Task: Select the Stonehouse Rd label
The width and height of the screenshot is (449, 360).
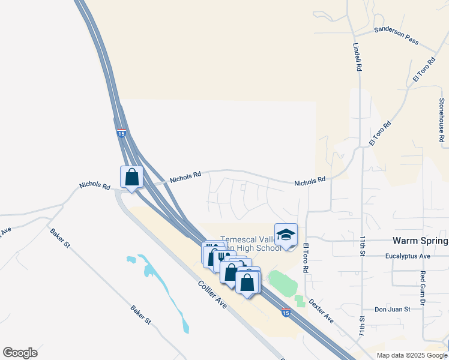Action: tap(442, 120)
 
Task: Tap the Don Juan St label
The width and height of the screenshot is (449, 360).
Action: tap(392, 310)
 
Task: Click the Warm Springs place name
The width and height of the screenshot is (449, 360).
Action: tap(420, 241)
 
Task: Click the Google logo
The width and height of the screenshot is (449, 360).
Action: tap(20, 353)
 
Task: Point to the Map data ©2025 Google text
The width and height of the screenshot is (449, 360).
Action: tap(411, 355)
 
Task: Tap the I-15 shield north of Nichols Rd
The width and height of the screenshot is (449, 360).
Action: tap(121, 133)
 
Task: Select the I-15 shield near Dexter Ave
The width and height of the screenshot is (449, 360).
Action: tap(286, 313)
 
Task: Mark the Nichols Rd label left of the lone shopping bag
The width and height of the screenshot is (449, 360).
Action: tap(95, 187)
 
